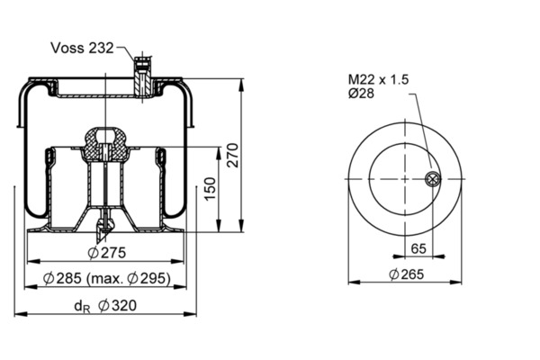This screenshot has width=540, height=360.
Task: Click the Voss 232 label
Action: click(x=82, y=48)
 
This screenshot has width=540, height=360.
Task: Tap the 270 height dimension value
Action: click(x=233, y=155)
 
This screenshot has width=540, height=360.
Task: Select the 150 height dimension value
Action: click(x=210, y=188)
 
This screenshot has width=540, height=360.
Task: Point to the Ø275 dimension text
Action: click(x=107, y=253)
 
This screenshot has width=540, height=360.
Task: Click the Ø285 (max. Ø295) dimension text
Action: click(x=107, y=278)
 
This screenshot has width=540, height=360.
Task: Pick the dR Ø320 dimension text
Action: click(x=105, y=306)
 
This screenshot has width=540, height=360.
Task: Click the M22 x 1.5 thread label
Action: click(x=378, y=79)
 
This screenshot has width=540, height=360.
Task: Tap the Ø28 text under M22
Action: click(x=361, y=94)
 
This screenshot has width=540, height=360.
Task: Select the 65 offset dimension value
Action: click(x=418, y=248)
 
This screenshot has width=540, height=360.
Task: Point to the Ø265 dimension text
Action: click(x=407, y=274)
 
